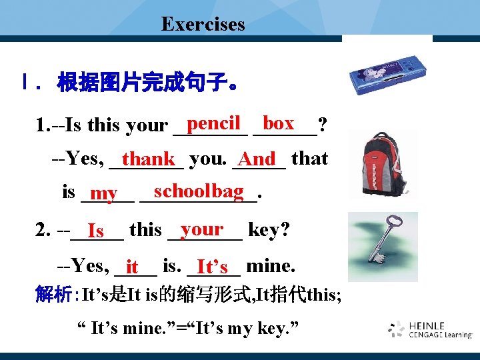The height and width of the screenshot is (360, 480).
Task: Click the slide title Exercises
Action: [x=203, y=25]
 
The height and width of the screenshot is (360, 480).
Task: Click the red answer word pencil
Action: [x=213, y=123]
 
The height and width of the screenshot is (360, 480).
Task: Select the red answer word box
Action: [x=278, y=123]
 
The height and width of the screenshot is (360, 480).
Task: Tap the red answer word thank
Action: [x=148, y=159]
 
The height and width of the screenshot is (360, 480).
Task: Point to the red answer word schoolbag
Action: [x=198, y=191]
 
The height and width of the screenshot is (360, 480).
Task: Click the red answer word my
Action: [x=103, y=194]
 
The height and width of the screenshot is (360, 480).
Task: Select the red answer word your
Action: [x=201, y=229]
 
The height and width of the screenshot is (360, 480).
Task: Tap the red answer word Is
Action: [x=95, y=231]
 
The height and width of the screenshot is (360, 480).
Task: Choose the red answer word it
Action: [x=132, y=267]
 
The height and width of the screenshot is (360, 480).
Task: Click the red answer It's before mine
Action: [x=212, y=267]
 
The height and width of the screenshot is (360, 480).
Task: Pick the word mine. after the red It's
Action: [x=270, y=266]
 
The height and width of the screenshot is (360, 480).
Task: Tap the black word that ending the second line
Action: [x=309, y=159]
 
